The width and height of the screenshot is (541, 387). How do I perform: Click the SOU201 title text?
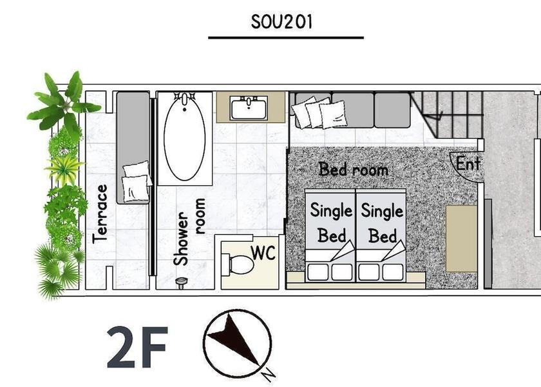pyautogui.click(x=281, y=22)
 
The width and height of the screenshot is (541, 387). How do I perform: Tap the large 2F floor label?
pyautogui.click(x=137, y=347)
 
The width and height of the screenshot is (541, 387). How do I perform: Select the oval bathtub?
pyautogui.click(x=185, y=137)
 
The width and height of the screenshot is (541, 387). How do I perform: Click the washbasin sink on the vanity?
pyautogui.click(x=249, y=108)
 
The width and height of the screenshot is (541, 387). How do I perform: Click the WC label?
pyautogui.click(x=263, y=253)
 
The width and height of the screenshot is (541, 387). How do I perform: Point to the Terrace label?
pyautogui.click(x=100, y=214)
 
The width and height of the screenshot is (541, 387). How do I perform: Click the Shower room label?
pyautogui.click(x=190, y=232)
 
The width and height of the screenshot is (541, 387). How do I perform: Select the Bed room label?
pyautogui.click(x=354, y=169)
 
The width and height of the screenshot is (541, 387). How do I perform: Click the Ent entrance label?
pyautogui.click(x=468, y=163)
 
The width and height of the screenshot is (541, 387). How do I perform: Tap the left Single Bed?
pyautogui.click(x=330, y=235)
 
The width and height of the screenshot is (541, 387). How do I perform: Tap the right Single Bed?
pyautogui.click(x=381, y=235)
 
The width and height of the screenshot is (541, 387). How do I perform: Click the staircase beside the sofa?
pyautogui.click(x=447, y=115)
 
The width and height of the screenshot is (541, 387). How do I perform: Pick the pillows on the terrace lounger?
pyautogui.click(x=137, y=181)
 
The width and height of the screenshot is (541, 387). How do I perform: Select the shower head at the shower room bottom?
pyautogui.click(x=181, y=283)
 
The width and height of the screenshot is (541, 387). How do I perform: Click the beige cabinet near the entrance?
pyautogui.click(x=461, y=239)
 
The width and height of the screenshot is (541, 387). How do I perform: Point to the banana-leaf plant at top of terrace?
pyautogui.click(x=64, y=102)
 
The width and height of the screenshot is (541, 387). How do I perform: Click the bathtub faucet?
pyautogui.click(x=185, y=99)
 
